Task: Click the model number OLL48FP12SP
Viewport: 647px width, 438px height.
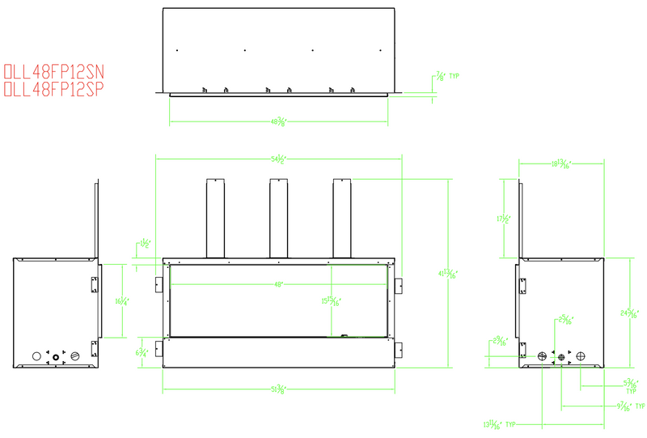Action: pyautogui.click(x=54, y=90)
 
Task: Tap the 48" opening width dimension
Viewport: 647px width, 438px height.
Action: pyautogui.click(x=280, y=284)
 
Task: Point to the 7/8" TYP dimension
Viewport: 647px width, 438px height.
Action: pyautogui.click(x=446, y=77)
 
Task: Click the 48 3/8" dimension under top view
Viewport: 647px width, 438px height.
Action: pyautogui.click(x=280, y=123)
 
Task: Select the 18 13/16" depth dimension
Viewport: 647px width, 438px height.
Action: pyautogui.click(x=560, y=164)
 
